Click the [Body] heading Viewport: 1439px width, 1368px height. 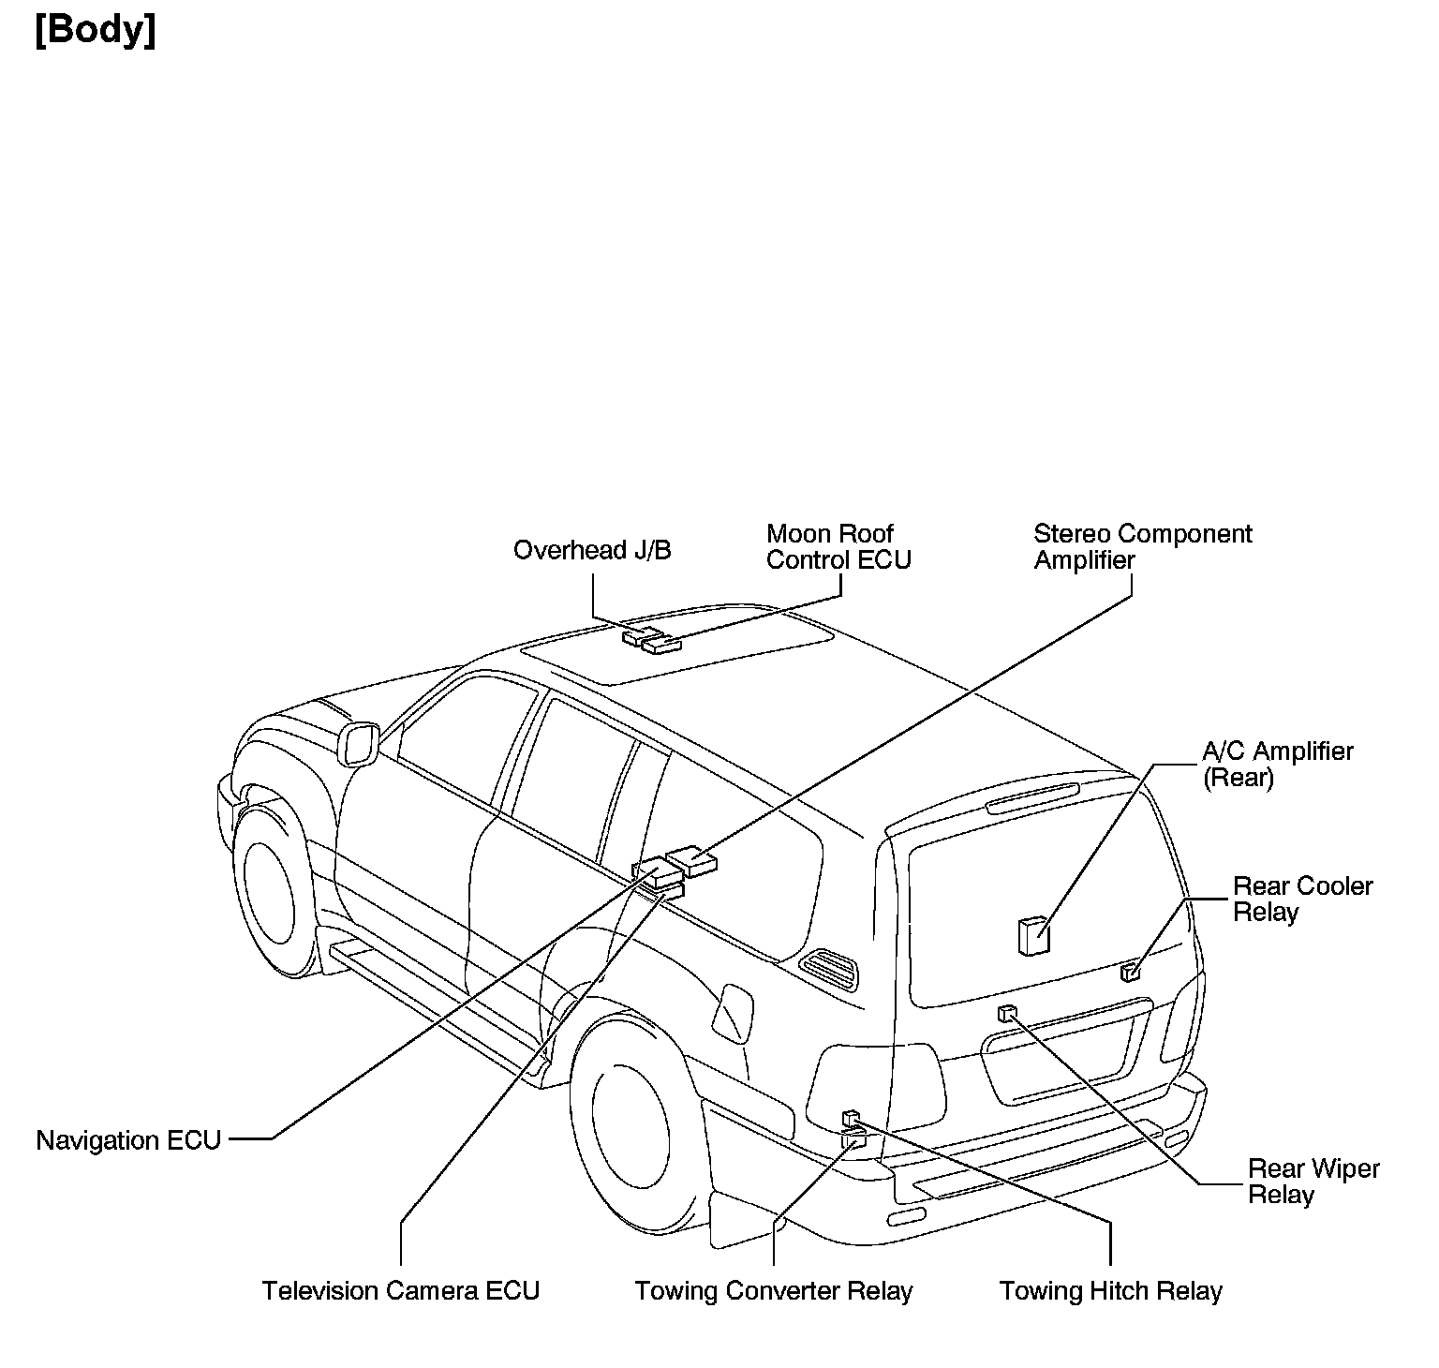(x=96, y=31)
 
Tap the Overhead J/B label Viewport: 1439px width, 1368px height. (x=592, y=550)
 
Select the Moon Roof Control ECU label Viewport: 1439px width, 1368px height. (x=838, y=547)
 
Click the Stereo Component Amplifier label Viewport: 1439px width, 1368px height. (x=1142, y=547)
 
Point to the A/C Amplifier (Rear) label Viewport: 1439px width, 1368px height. (x=1278, y=764)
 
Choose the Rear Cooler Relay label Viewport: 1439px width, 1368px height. (x=1302, y=899)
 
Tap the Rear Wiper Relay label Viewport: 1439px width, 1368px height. (x=1313, y=1182)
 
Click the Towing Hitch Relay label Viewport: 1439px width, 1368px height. (x=1110, y=1291)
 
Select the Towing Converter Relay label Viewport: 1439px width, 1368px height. (x=773, y=1291)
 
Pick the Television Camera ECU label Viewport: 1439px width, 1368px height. (x=401, y=1291)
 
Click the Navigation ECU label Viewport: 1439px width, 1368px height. (x=128, y=1140)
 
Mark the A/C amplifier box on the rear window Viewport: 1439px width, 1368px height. (x=1033, y=936)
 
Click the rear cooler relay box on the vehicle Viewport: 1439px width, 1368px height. (x=1131, y=972)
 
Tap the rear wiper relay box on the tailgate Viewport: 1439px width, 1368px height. (x=1007, y=1012)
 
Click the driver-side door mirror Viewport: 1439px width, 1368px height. (x=359, y=744)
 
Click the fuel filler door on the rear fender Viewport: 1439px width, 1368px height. (x=733, y=1013)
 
